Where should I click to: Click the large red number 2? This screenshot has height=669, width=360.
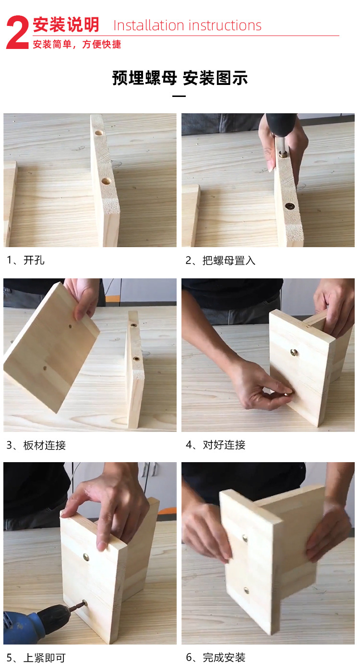pos(18,33)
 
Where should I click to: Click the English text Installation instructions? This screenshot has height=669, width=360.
pos(187,25)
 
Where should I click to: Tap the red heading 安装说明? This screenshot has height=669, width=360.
pos(66,24)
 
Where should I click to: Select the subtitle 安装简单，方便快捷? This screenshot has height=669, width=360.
pos(77,45)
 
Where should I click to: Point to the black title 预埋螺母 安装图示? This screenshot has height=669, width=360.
pos(180,78)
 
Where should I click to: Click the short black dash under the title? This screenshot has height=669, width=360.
pos(179,96)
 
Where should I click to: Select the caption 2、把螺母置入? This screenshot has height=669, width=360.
pos(220,261)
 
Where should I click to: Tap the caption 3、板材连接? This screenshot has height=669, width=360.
pos(36,445)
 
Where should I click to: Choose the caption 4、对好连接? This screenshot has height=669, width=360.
pos(216,445)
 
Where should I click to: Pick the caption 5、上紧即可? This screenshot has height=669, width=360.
pos(36,658)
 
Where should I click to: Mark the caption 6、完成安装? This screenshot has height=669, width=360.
pos(216,658)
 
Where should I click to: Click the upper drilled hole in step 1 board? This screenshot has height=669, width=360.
pos(99,132)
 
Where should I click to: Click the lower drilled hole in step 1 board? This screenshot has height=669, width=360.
pos(107,181)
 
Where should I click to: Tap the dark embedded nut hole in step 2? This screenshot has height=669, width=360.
pos(289,206)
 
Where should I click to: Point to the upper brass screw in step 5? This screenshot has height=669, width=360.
pos(86,558)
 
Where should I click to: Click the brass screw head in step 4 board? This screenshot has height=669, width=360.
pos(293,353)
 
